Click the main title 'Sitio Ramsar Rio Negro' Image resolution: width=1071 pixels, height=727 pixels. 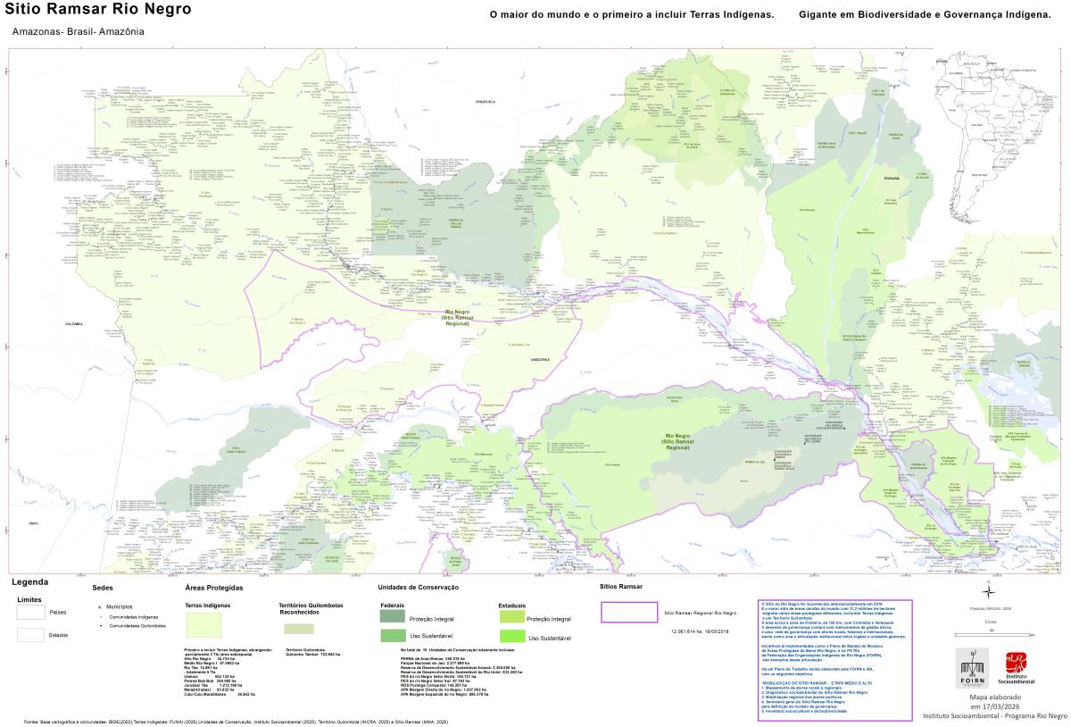coord(98,10)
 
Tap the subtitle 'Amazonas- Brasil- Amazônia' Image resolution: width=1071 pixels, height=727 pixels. coord(79,31)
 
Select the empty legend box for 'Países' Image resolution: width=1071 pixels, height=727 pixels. coord(30,613)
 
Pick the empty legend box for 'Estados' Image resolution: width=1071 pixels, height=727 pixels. coord(30,635)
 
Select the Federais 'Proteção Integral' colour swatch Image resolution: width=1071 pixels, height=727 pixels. coord(391,617)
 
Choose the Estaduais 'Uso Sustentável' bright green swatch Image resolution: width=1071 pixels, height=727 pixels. coord(511,637)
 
